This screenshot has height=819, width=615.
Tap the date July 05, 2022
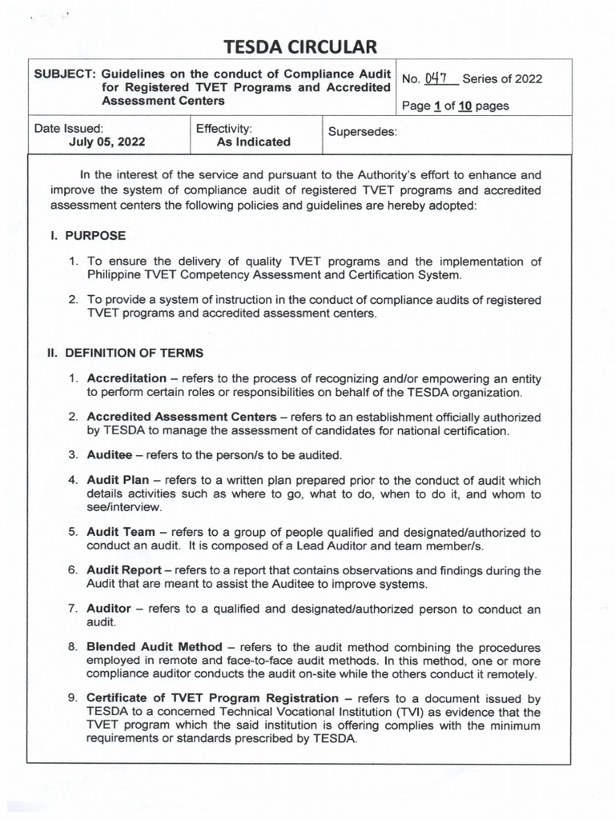pos(107,142)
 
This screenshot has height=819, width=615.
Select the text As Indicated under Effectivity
pos(254,142)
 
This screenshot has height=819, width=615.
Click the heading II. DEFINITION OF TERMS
pos(124,353)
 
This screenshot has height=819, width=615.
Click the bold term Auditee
pos(109,455)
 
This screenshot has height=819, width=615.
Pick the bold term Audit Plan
pos(117,481)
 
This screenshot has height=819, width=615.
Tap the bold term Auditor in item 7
pos(109,609)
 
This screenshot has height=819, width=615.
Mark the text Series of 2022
pos(505,78)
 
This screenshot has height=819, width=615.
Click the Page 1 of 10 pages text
pos(456,106)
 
